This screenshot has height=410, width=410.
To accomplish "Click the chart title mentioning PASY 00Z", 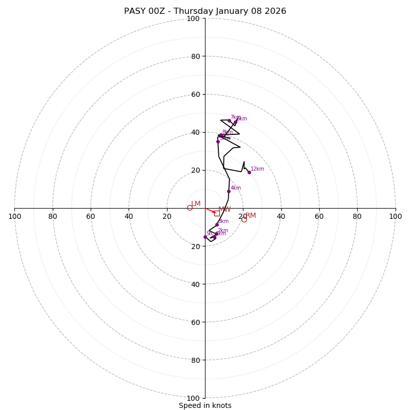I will pos(205,11).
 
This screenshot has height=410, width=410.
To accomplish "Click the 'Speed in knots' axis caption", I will pos(205,405).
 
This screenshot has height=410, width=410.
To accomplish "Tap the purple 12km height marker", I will pos(249,172).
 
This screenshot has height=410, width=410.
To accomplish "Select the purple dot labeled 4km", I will pos(229,191).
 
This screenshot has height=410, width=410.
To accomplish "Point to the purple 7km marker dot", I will pos(229,120).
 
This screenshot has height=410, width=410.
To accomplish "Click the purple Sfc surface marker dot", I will pos(205,237).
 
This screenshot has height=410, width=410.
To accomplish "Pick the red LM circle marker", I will pos(190,208).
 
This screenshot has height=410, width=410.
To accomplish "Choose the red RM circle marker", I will pos(244,219).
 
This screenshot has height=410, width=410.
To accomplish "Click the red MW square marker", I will pos(217,213).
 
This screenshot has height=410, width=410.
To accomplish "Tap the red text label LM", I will pos(196,203).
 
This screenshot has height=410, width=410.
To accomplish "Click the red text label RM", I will pos(251,215).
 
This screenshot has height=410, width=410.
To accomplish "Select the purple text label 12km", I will pos(257,169).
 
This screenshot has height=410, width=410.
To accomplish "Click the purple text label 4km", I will pos(236,188).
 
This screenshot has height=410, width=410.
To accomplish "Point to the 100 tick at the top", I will pos(193,18).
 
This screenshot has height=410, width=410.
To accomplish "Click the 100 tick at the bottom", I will pos(193,398).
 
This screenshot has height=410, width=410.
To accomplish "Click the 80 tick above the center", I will pos(195,56).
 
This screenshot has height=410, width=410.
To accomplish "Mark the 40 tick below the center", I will pos(195,284).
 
